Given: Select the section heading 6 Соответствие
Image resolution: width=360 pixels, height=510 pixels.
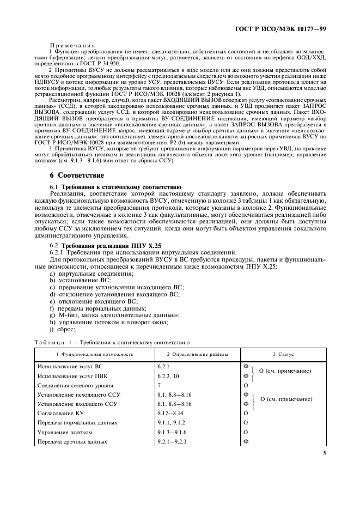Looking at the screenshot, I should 74,175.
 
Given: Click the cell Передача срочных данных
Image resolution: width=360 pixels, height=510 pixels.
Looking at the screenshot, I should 72,441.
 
